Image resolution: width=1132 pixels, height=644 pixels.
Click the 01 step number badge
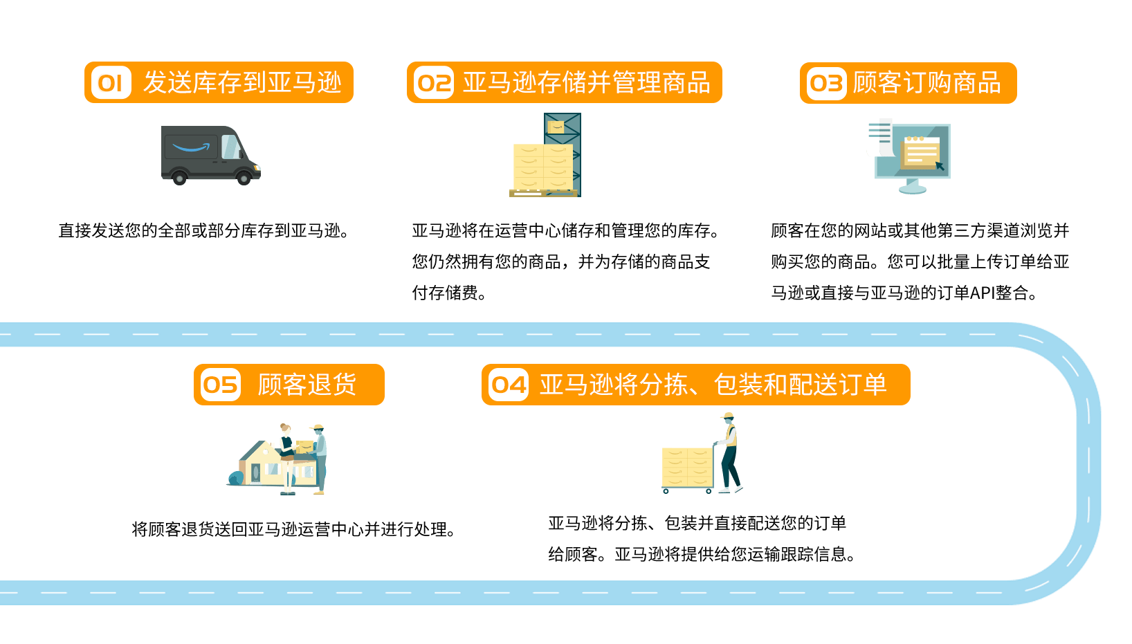tap(111, 83)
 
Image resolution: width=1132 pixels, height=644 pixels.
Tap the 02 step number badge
tap(433, 83)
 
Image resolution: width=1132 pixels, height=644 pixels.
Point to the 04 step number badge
tap(509, 385)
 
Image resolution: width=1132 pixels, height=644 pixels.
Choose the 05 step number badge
tap(220, 385)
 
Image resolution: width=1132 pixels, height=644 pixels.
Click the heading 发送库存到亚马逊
tap(242, 83)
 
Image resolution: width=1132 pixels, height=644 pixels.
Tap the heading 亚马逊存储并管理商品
tap(586, 83)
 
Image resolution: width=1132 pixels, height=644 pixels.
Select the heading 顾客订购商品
tap(926, 83)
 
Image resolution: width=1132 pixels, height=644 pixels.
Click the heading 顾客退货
tap(307, 385)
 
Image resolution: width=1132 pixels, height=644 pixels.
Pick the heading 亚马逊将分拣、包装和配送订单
tap(713, 385)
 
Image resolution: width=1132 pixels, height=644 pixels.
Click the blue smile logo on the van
tap(190, 147)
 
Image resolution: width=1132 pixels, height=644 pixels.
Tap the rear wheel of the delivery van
tap(179, 178)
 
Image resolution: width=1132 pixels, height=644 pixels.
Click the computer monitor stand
tap(913, 186)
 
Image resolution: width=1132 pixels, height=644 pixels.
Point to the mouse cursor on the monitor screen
tap(939, 166)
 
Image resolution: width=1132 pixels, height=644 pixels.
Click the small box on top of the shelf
tap(556, 127)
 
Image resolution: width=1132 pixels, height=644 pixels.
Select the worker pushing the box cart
tap(729, 453)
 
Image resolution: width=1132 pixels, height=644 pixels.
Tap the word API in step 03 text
tap(982, 293)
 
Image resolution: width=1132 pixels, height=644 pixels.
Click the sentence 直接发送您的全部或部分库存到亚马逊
tap(203, 231)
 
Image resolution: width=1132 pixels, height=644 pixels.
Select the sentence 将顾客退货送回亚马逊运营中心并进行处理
tap(293, 530)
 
